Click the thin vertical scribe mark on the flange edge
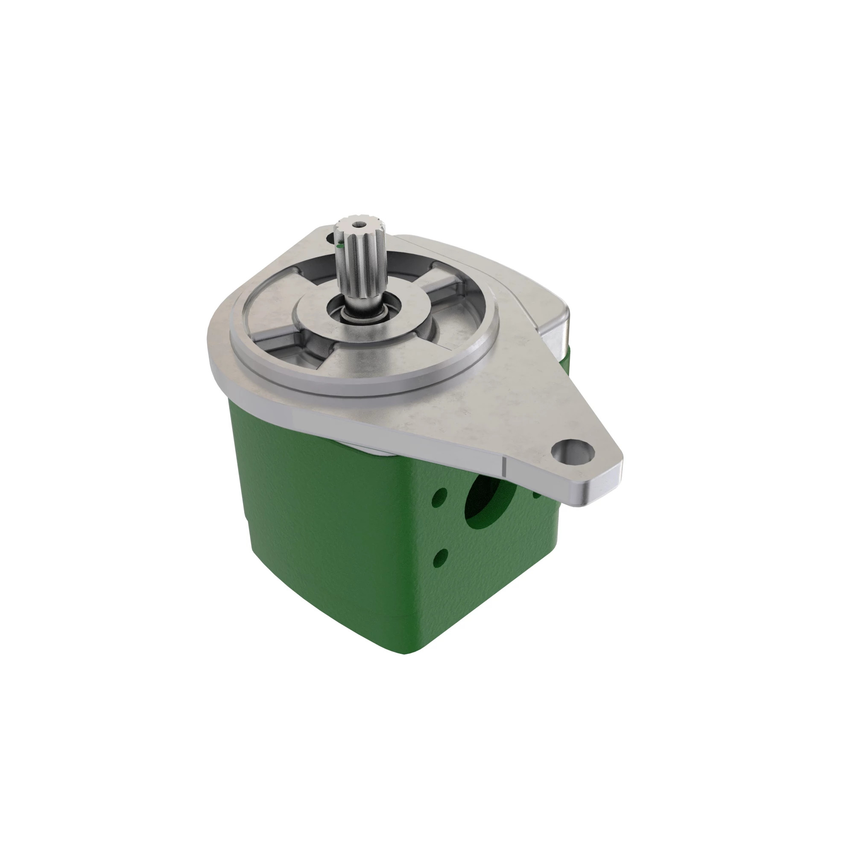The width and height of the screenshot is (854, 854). click(x=503, y=466)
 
